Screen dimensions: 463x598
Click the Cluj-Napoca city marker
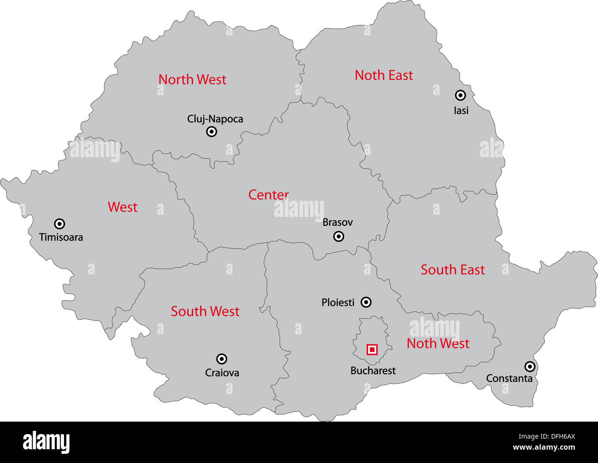[x=212, y=132]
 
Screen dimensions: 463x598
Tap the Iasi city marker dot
[x=460, y=95]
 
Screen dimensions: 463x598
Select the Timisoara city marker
[x=59, y=224]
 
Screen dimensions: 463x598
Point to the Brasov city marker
[x=339, y=236]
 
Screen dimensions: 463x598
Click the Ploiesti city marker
[x=366, y=302]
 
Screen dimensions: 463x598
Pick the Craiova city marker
[x=222, y=359]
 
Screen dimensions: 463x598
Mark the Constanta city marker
[x=530, y=366]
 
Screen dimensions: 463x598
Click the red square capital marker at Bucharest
[x=372, y=350]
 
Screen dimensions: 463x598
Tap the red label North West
[x=192, y=80]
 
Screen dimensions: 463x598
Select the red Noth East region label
[x=384, y=75]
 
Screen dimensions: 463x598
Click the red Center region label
[x=269, y=195]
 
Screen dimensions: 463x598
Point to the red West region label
[x=122, y=207]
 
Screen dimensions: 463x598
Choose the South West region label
[x=205, y=311]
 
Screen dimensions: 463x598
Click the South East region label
[x=453, y=270]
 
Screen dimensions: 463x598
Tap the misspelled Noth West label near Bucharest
[x=438, y=343]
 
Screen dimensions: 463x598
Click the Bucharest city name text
[x=373, y=371]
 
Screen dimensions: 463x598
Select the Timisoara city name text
[x=61, y=237]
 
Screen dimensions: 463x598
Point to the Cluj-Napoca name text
[x=215, y=119]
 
